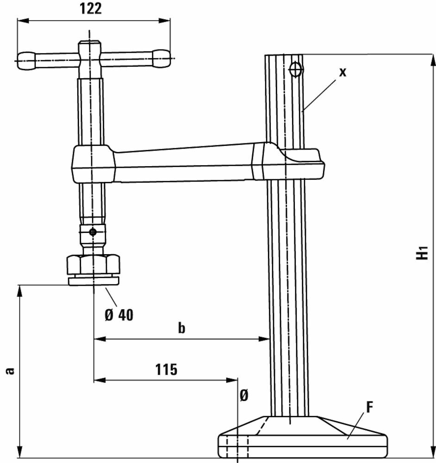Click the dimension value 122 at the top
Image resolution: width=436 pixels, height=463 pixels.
[x=91, y=8]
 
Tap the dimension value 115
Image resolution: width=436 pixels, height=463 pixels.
[x=166, y=369]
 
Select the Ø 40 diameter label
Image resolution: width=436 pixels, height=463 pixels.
[x=119, y=315]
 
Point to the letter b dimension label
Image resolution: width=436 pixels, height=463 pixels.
[x=181, y=328]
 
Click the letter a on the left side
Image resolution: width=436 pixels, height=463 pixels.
[x=11, y=370]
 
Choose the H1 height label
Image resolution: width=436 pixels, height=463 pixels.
[x=422, y=252]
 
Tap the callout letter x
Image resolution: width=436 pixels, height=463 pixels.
[x=343, y=72]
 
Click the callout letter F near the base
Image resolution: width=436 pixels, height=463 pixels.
[x=369, y=407]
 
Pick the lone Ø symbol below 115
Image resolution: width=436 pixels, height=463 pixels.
[x=244, y=395]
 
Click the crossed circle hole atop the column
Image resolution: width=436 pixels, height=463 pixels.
[x=295, y=70]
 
